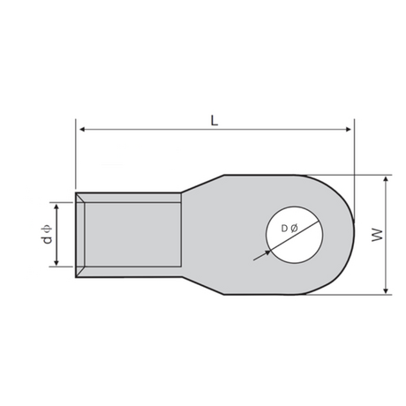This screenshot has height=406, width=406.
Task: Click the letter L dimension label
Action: point(214,120)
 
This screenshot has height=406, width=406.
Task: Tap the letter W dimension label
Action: point(378,235)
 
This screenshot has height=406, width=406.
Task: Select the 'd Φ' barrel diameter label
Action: point(47,234)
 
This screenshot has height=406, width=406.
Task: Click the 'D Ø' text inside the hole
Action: point(289,229)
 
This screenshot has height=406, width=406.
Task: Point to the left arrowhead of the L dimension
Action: point(82,129)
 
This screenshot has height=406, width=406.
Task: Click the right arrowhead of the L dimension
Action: point(349,129)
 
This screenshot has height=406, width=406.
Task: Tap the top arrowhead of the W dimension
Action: point(387,179)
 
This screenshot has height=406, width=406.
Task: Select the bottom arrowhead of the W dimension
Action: point(387,290)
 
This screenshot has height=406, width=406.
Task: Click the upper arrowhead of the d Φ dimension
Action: point(56,207)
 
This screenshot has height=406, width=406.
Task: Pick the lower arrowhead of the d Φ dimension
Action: point(56,262)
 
